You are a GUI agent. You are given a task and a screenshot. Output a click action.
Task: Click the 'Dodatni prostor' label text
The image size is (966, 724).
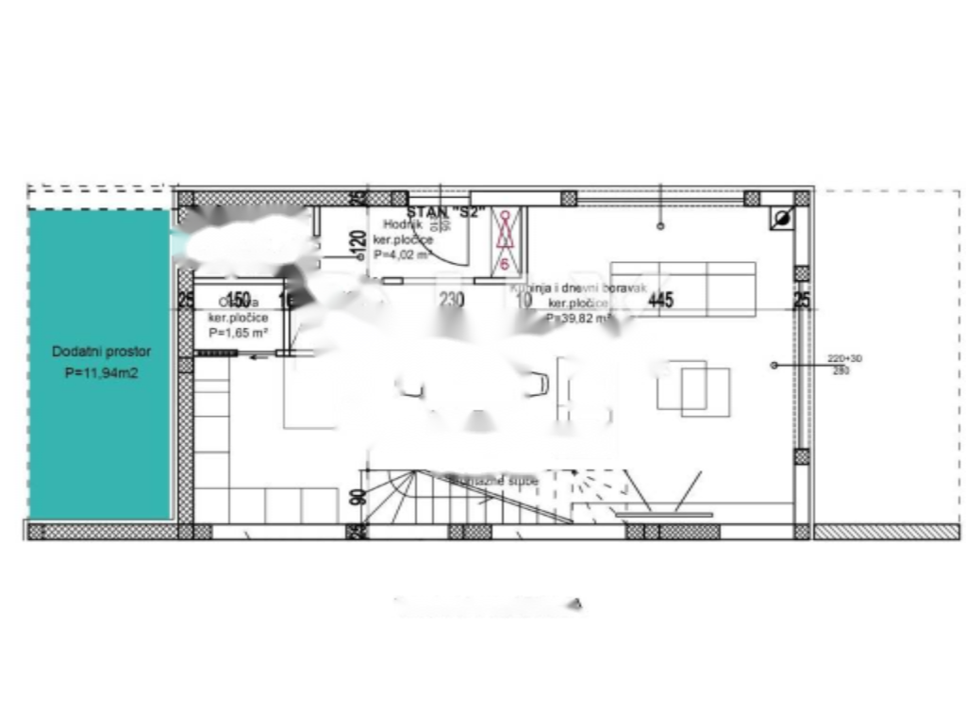tap(101, 351)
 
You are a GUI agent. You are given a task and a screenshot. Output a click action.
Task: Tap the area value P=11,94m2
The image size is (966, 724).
tap(101, 373)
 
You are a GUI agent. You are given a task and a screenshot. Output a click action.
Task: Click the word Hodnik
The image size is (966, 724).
tap(402, 224)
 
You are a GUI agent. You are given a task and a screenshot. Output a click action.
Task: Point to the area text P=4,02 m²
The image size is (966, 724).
tap(402, 255)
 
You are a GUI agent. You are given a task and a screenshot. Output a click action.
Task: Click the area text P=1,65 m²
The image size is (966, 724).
tap(239, 333)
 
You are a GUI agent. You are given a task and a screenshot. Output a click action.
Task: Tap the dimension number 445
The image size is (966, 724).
tap(660, 301)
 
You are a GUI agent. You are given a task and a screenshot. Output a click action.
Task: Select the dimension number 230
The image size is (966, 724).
tap(452, 301)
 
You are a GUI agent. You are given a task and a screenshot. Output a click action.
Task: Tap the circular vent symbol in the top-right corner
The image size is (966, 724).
tap(781, 219)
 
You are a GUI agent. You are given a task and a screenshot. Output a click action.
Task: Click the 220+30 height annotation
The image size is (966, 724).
tap(844, 358)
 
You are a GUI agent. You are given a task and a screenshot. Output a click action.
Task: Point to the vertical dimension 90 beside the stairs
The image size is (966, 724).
tap(358, 496)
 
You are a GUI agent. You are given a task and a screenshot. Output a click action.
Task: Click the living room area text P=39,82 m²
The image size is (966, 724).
tap(577, 319)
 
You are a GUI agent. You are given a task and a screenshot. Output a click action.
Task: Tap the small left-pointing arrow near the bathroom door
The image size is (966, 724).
tap(257, 355)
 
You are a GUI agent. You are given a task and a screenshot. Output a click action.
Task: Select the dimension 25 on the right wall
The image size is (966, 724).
tap(802, 301)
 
